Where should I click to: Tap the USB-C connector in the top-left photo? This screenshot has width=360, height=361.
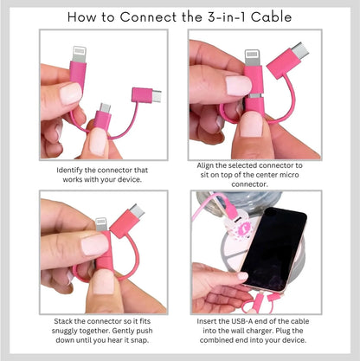pyautogui.click(x=148, y=95)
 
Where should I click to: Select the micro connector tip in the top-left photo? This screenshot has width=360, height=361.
pyautogui.click(x=105, y=110)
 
